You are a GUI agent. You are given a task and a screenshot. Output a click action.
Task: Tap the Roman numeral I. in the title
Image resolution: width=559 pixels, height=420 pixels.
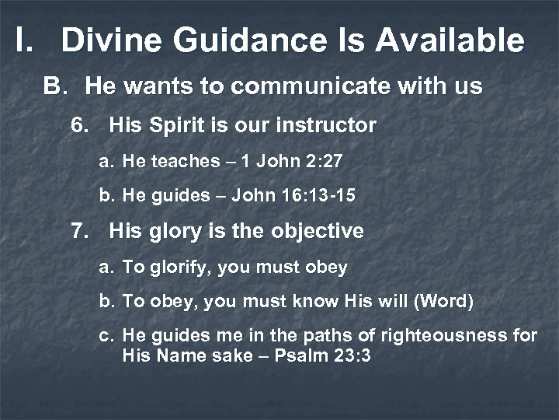tap(23, 40)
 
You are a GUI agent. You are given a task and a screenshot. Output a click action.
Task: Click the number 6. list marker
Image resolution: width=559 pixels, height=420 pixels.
tap(80, 124)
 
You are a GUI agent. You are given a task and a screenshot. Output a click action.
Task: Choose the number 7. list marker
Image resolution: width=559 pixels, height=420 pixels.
tap(80, 231)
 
